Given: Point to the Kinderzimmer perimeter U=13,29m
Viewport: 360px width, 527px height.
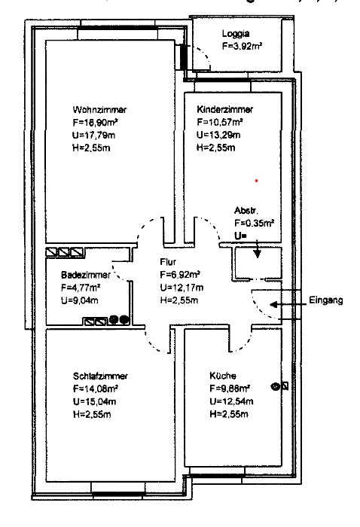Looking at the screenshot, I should point(218,135).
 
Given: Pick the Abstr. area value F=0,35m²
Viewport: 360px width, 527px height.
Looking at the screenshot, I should point(253,224).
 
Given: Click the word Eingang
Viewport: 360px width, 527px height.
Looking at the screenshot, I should point(325,300).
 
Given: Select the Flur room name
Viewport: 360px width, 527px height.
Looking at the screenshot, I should point(166,263).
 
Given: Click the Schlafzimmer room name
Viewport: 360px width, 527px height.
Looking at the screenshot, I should point(101,376).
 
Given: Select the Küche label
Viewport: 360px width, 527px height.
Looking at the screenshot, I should point(223,376).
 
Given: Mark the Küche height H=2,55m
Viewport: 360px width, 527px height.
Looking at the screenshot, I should point(229,414).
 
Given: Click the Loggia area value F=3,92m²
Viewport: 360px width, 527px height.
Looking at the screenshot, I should point(241,46).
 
